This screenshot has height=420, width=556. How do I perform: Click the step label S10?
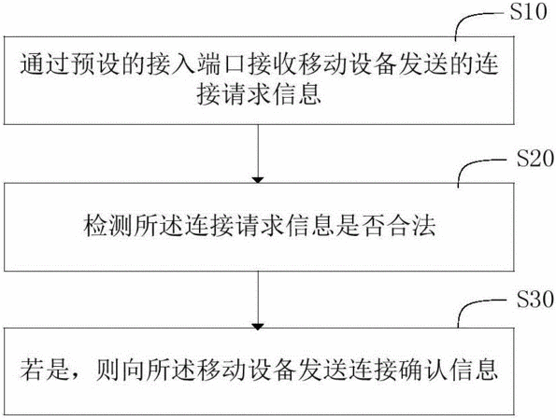[x=528, y=12]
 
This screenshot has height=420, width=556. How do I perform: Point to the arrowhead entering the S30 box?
[x=258, y=326]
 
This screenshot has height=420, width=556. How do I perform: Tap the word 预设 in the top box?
[x=95, y=64]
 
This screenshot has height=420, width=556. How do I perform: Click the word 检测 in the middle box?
[x=108, y=226]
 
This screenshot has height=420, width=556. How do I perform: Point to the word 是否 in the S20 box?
[x=364, y=226]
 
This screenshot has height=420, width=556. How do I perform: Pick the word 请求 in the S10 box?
[x=249, y=94]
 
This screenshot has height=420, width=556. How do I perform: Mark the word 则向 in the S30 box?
[x=121, y=370]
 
